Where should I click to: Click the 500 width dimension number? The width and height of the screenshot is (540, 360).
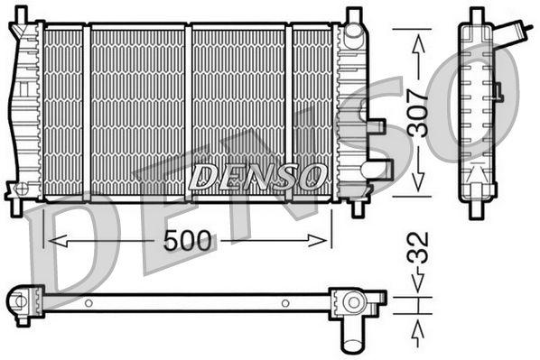tap(189, 241)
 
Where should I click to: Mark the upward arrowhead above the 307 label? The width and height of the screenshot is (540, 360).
tap(417, 38)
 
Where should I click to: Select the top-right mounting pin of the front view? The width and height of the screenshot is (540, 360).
tap(353, 15)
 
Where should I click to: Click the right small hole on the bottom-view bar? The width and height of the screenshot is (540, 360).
tap(284, 302)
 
